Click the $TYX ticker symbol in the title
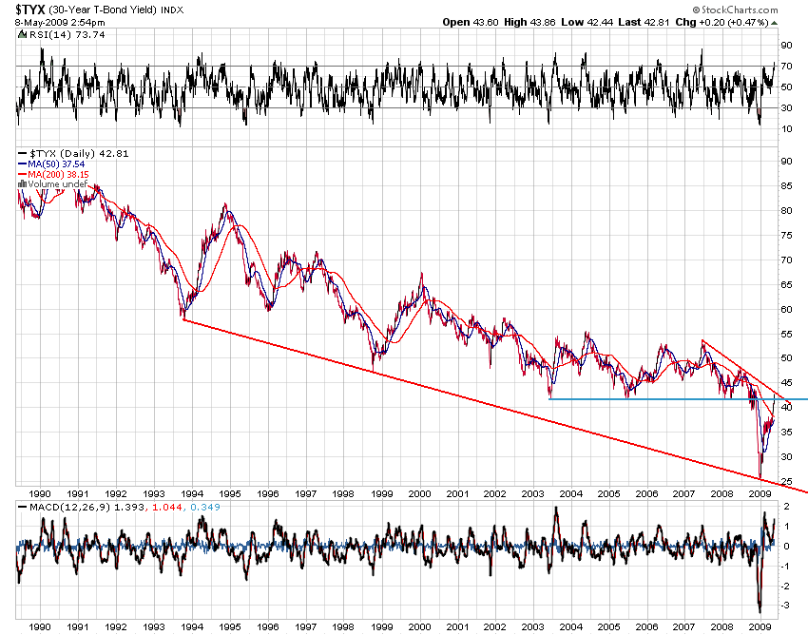click(x=26, y=10)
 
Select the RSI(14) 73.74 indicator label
click(x=52, y=34)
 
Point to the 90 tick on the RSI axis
click(x=785, y=46)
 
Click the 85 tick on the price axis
click(x=785, y=185)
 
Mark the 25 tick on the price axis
click(x=785, y=482)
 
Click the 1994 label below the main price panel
click(x=191, y=494)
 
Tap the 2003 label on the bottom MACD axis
click(x=531, y=627)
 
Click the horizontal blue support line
click(x=665, y=399)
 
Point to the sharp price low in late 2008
click(x=759, y=477)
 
